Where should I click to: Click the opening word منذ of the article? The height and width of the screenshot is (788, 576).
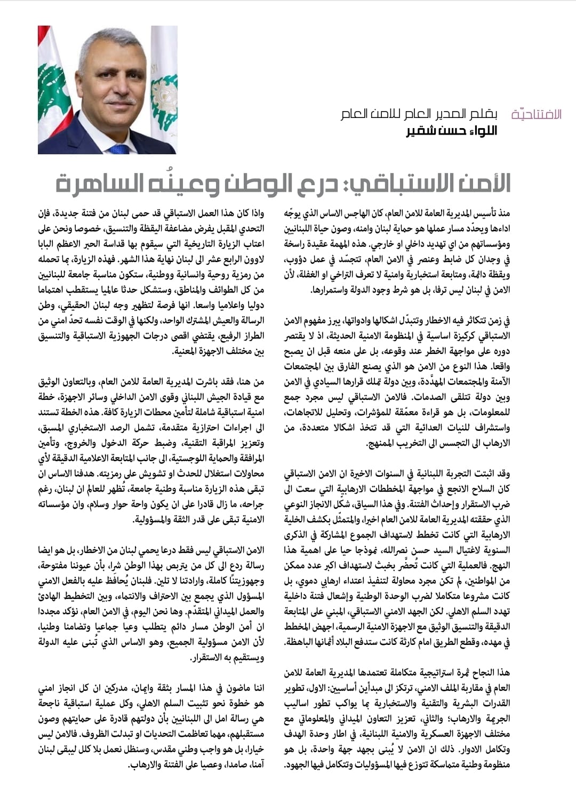point(504,214)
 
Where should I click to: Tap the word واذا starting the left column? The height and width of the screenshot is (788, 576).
point(255,214)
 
